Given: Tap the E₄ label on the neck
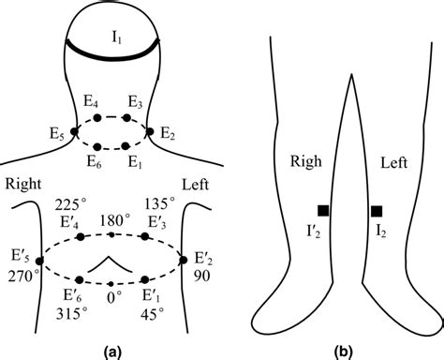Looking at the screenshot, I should click(x=92, y=100).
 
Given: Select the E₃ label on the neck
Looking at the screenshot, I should click(x=135, y=100).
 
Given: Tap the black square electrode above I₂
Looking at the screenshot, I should click(x=377, y=211).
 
